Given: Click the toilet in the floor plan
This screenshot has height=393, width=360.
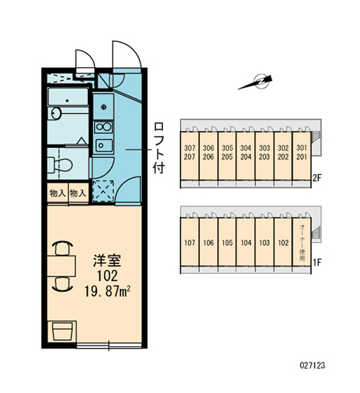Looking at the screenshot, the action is click(60, 165).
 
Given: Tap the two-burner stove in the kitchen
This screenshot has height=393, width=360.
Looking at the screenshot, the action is click(103, 127).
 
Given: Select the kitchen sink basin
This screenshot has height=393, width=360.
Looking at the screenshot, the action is click(104, 145).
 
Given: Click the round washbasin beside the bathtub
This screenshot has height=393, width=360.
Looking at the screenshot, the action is click(56, 113).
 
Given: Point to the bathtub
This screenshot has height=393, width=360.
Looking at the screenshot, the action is click(68, 96).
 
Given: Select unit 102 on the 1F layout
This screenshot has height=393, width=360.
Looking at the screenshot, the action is click(283, 242).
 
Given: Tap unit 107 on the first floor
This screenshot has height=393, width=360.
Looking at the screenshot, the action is click(190, 242).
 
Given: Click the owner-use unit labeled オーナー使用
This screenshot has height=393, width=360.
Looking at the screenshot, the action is click(302, 242).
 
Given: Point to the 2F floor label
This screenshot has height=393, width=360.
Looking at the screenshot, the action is click(317, 178).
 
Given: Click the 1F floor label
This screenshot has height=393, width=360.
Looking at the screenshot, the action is click(317, 263).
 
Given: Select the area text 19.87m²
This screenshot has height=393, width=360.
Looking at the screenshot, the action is click(107, 292).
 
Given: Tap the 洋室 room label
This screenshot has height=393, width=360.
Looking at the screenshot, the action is click(107, 261).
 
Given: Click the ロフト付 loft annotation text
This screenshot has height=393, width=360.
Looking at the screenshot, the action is click(158, 148).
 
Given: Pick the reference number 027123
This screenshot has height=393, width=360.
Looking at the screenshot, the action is click(313, 365).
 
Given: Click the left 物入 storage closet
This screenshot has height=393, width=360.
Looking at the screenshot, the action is click(57, 193).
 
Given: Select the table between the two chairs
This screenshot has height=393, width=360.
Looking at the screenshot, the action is click(62, 266).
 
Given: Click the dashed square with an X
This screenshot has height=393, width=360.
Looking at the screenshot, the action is click(103, 190).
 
